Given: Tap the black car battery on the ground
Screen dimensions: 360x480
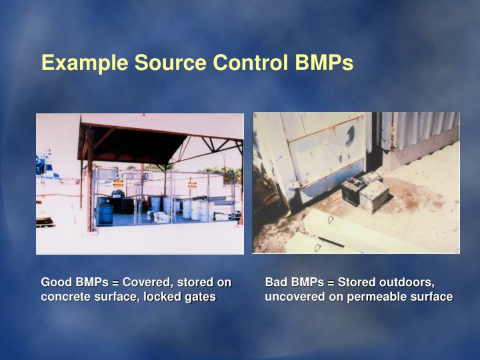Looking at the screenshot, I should (x=352, y=192).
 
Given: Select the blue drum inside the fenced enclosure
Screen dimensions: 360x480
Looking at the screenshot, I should (x=105, y=213).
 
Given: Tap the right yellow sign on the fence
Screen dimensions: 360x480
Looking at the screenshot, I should (x=192, y=184).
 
